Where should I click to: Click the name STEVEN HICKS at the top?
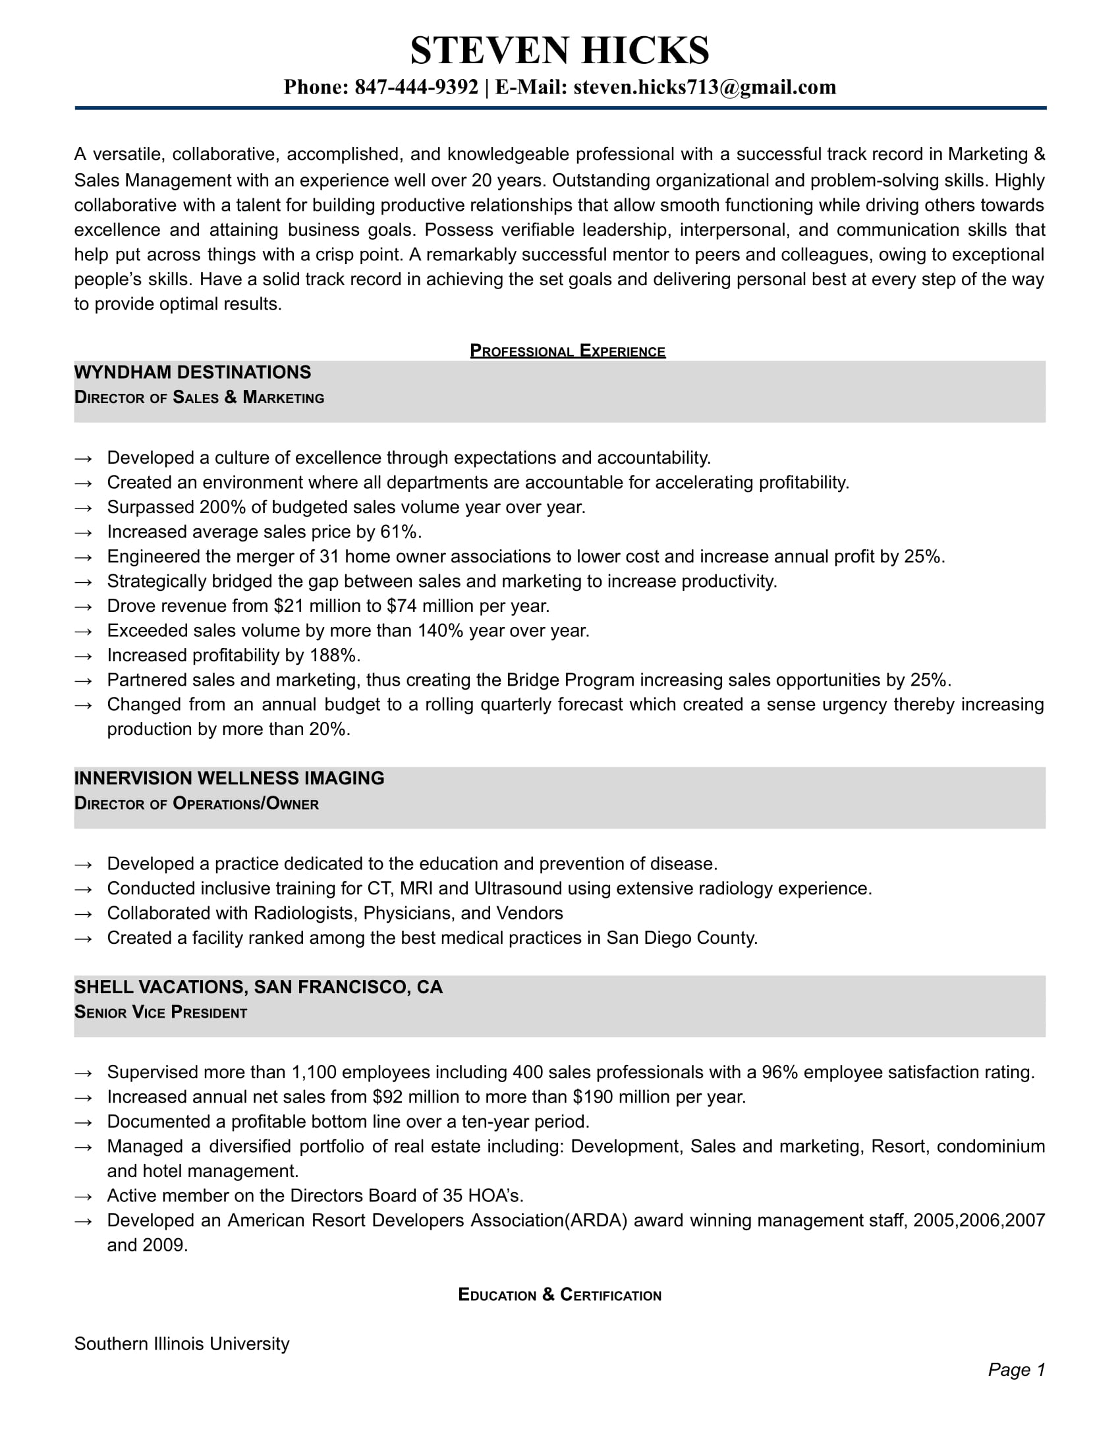pos(559,51)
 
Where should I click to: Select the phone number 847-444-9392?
pos(416,87)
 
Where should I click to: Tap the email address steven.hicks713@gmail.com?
pos(704,87)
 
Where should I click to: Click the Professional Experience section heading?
pos(567,350)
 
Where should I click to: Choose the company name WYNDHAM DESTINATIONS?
pos(192,372)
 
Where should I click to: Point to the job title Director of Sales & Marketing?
pos(199,397)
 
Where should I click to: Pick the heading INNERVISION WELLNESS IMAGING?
pos(229,779)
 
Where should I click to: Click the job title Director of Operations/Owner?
pos(196,804)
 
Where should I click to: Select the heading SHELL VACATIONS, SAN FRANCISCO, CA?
pos(258,987)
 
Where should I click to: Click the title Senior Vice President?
pos(161,1012)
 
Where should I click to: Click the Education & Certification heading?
pos(559,1294)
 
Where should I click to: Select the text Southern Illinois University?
pos(182,1344)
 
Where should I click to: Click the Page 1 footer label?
pos(1016,1369)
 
